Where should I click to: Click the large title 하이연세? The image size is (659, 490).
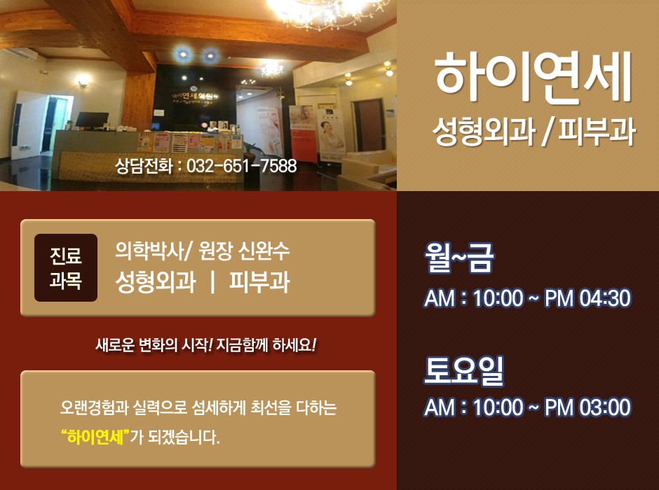coord(533,77)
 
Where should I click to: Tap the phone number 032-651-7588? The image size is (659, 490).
coord(241,166)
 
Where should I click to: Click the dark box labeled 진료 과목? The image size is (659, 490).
coord(66,267)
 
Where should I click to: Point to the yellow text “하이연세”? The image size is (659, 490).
coord(95,437)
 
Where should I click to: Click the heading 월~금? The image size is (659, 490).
coord(459,258)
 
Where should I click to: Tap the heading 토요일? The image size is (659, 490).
coord(463,370)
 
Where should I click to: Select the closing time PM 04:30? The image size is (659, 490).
coord(587,298)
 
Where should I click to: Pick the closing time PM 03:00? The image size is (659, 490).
coord(587,407)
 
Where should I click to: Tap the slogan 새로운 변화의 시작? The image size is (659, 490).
coord(154,346)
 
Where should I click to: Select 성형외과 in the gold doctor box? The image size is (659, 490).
coord(155,281)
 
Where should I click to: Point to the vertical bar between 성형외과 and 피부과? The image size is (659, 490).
coord(212,281)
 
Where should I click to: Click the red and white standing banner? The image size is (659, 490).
coord(303,134)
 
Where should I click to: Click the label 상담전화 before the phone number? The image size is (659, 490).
coord(144,166)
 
